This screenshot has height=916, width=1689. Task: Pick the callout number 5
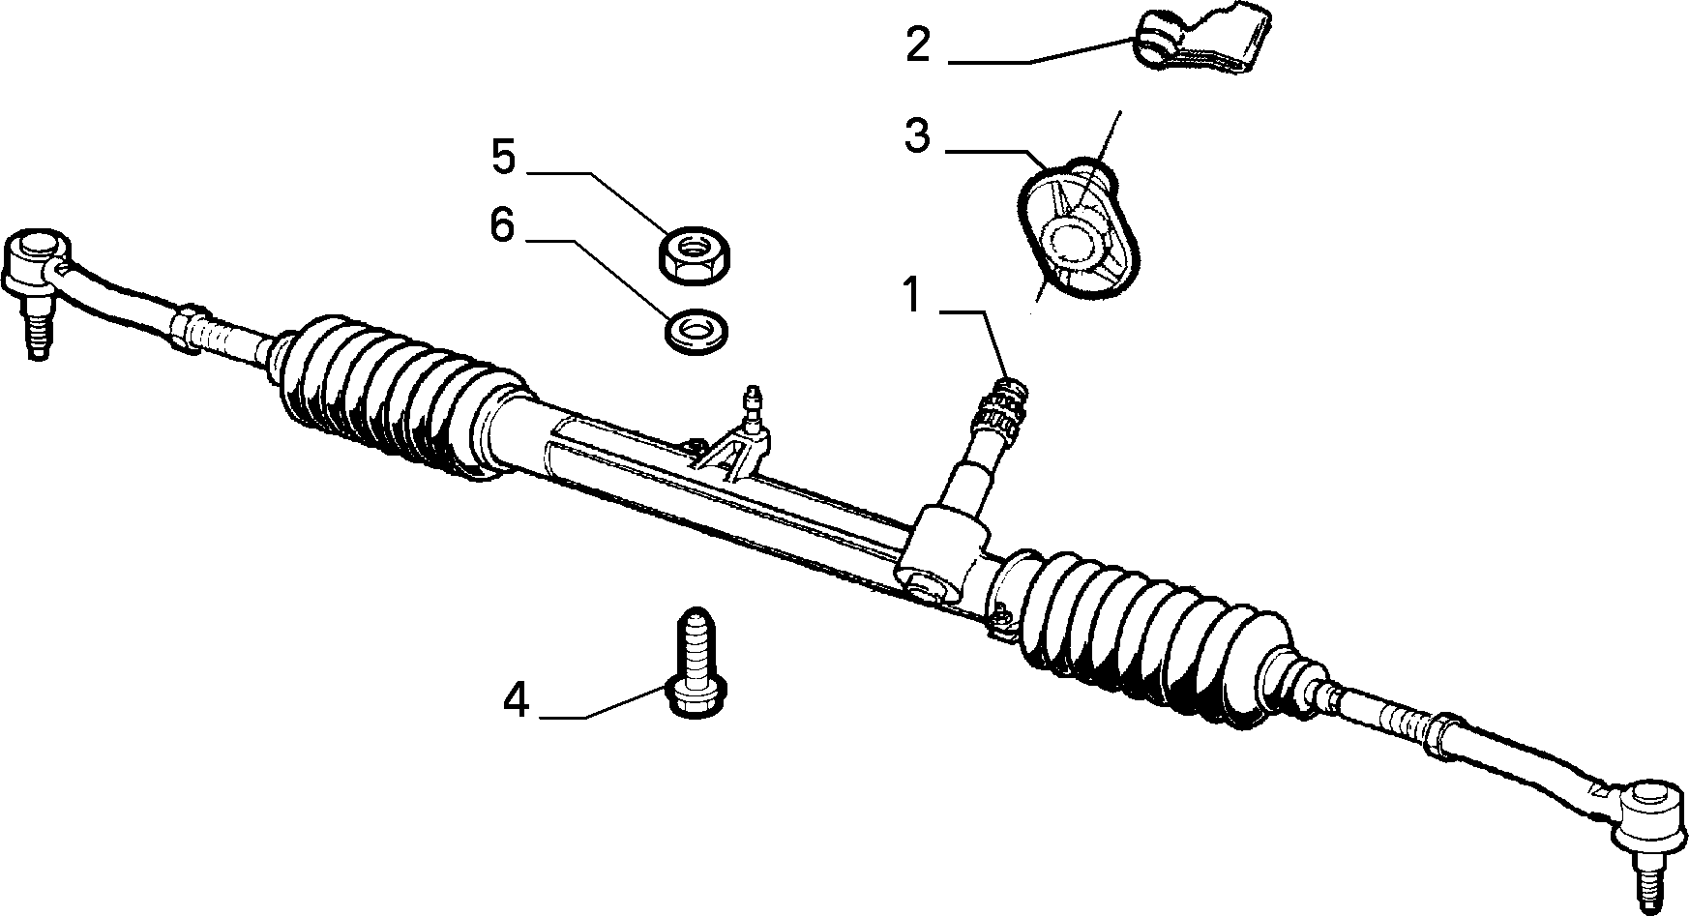pyautogui.click(x=503, y=156)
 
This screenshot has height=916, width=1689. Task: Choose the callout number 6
pyautogui.click(x=502, y=225)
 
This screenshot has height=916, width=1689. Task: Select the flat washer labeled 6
pyautogui.click(x=696, y=331)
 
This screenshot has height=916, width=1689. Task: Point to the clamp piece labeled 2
pyautogui.click(x=1202, y=42)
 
